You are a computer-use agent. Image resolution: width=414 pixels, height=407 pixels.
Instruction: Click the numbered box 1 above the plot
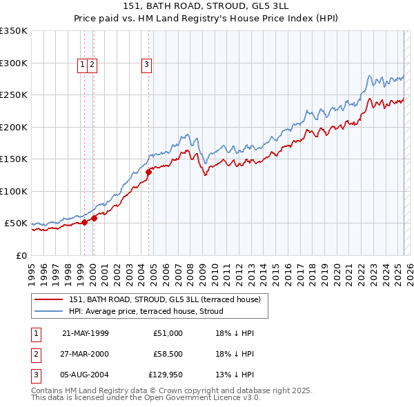(x=82, y=65)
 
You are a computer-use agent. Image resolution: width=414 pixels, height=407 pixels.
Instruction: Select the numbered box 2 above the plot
(x=92, y=65)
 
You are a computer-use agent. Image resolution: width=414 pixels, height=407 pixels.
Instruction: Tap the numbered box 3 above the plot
(x=147, y=65)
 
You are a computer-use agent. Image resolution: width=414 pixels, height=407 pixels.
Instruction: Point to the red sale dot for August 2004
(x=148, y=172)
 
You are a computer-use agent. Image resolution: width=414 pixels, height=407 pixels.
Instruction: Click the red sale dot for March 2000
(x=95, y=218)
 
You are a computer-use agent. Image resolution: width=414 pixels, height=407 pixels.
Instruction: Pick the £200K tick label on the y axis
(x=14, y=127)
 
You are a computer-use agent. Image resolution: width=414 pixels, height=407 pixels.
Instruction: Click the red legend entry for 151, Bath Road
(x=164, y=299)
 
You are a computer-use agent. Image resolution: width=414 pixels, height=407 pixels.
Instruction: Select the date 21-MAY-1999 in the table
(x=85, y=333)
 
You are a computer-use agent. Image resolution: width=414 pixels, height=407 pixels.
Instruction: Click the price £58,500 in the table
(x=168, y=355)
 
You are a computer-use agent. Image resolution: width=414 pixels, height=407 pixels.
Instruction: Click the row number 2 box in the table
(x=35, y=355)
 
